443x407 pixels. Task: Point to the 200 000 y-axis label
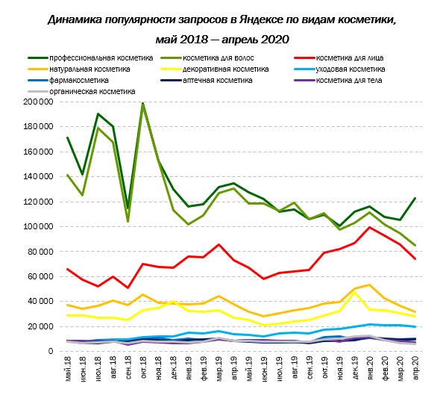38,102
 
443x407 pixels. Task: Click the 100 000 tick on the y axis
38,226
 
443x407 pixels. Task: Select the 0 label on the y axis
51,351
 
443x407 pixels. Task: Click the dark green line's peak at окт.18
143,103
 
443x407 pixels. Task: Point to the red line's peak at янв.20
370,227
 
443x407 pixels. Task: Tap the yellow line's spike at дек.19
354,292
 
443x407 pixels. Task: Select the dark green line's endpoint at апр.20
415,198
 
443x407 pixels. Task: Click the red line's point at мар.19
219,244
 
